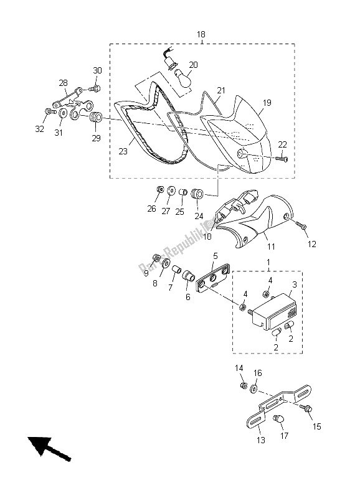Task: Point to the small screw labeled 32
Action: (x=49, y=112)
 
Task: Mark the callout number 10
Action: (x=207, y=236)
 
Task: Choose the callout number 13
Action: (x=260, y=440)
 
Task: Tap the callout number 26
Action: (x=151, y=209)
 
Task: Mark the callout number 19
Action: (x=267, y=102)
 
